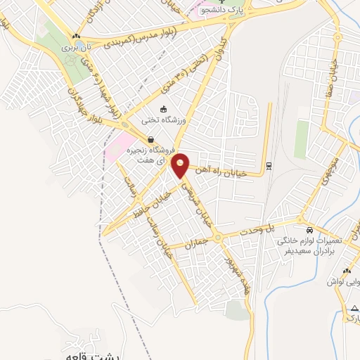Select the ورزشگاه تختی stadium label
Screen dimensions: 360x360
(162, 120)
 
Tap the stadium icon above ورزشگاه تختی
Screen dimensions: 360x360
(163, 109)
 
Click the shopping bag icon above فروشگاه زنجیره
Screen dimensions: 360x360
(150, 140)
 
